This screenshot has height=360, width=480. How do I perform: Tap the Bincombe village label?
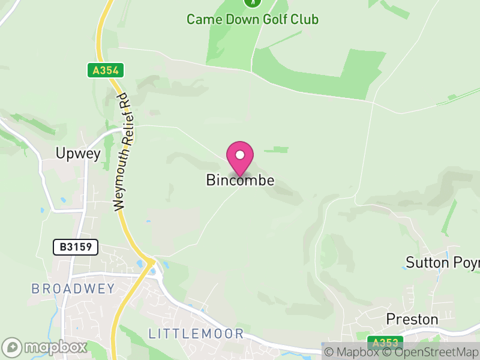coord(240,180)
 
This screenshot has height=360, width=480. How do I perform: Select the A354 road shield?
coord(106,70)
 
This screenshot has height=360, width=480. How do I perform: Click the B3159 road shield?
coord(75,247)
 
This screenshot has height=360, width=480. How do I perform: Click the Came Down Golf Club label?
coord(252,19)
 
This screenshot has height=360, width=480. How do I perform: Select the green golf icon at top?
coord(253,2)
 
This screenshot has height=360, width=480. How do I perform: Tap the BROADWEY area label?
coord(73,289)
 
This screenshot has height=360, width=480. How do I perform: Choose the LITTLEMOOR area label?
coord(196,334)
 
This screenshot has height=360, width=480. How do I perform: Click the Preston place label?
coord(412,319)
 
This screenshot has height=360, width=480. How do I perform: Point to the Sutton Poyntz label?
coord(443,263)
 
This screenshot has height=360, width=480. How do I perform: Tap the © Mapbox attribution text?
coord(351,352)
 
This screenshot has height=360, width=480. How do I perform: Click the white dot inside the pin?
coord(240,155)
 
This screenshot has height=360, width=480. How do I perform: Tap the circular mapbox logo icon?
coord(13,347)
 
